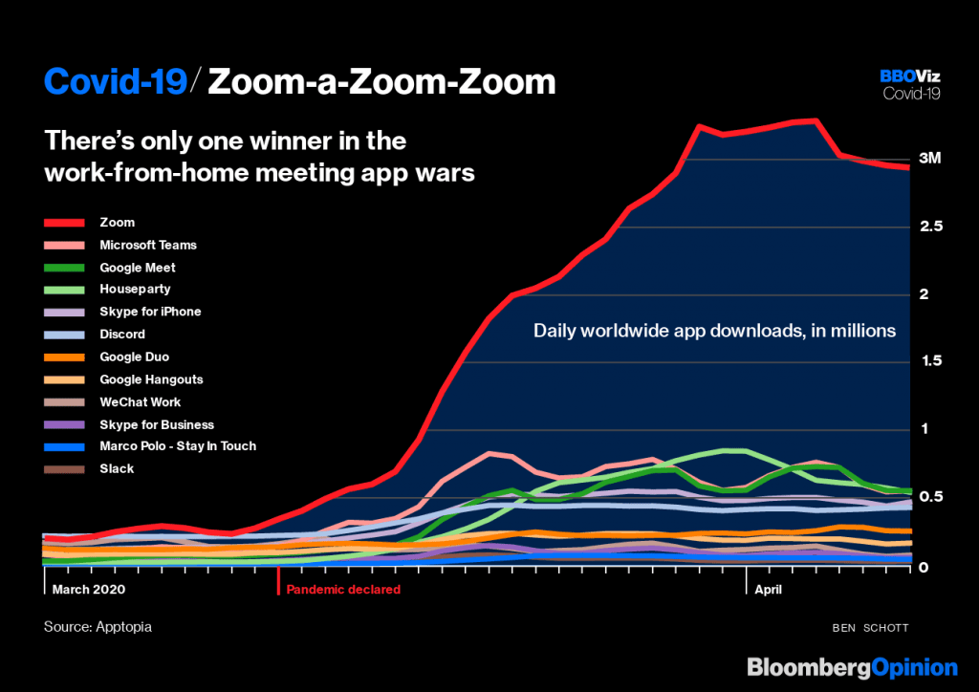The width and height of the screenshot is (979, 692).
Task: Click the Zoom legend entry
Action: (118, 223)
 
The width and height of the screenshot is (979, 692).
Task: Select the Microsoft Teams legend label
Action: (148, 246)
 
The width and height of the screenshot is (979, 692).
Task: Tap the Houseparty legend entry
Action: (135, 289)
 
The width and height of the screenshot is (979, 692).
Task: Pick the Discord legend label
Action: (122, 335)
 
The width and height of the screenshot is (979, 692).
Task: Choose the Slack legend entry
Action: (117, 468)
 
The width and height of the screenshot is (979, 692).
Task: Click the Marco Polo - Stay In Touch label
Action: (178, 446)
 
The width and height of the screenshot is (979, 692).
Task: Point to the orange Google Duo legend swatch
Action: (64, 357)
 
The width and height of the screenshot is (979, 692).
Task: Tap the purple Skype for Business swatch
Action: (64, 425)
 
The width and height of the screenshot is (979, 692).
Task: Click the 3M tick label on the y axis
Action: (929, 159)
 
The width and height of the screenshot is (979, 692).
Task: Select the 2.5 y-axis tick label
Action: (931, 227)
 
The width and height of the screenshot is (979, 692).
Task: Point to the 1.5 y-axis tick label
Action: (931, 361)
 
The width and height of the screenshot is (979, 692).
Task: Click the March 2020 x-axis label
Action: (89, 590)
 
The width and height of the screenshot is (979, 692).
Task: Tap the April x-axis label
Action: (768, 590)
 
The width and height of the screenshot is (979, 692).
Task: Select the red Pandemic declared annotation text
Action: (343, 590)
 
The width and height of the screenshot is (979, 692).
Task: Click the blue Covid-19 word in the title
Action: (116, 82)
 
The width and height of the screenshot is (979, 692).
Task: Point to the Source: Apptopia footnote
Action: (98, 627)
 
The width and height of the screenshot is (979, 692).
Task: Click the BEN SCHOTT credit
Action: (870, 628)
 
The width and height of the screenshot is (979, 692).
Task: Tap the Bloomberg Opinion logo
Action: (852, 668)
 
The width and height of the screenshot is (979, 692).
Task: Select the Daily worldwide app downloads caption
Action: (714, 331)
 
